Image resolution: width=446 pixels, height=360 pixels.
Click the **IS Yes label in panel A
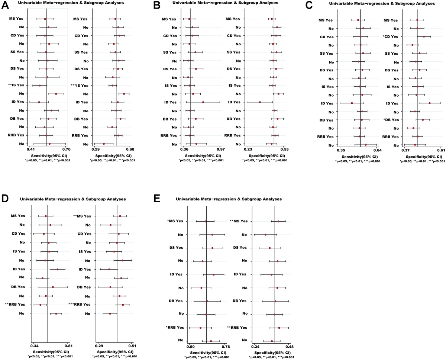coord(16,86)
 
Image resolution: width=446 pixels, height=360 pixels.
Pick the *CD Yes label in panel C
coord(390,37)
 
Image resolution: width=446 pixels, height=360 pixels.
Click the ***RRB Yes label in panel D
coord(80,304)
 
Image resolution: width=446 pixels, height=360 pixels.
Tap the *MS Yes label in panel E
coord(175,221)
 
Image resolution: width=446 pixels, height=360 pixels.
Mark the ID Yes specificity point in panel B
coord(260,102)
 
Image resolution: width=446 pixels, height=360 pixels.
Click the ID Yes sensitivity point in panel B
coord(203,102)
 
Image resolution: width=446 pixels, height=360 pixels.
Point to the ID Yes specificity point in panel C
coord(430,103)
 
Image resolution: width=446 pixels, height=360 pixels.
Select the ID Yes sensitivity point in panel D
coord(58,269)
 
